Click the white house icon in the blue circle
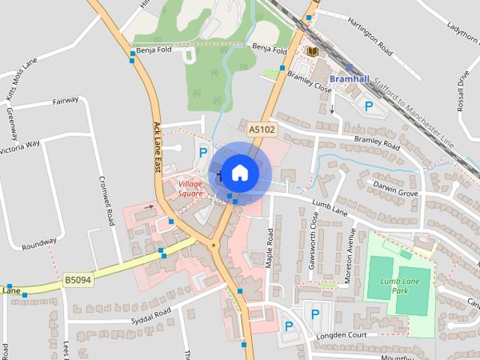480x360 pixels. pyautogui.click(x=239, y=172)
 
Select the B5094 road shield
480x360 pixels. pyautogui.click(x=77, y=280)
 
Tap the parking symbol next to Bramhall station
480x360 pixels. pyautogui.click(x=368, y=107)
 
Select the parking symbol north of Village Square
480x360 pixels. pyautogui.click(x=202, y=152)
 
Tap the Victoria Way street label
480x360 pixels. pyautogui.click(x=21, y=143)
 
